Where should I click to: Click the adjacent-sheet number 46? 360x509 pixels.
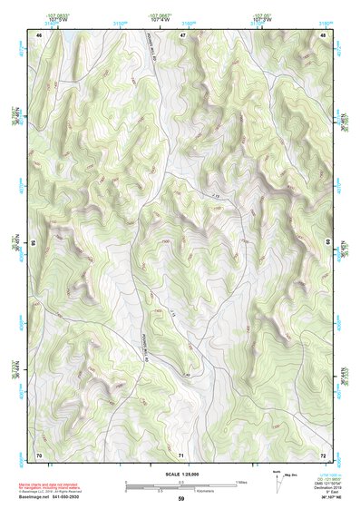39,34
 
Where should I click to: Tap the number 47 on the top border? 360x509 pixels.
182,34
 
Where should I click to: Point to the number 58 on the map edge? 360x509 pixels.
34,242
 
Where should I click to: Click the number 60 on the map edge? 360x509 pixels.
327,242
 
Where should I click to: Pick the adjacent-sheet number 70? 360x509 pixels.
39,454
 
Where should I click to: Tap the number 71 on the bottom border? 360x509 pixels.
182,454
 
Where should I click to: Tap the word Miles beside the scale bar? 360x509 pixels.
241,481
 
